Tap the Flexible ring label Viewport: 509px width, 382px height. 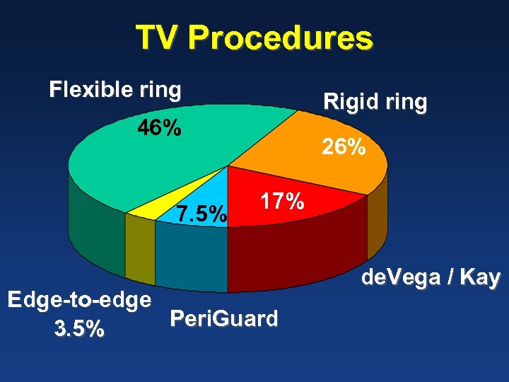click(x=115, y=90)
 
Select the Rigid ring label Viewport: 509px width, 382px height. click(x=375, y=102)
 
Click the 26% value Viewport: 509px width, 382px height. click(x=344, y=147)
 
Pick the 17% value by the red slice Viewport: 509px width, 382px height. click(x=282, y=202)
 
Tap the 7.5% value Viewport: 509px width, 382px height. click(x=202, y=213)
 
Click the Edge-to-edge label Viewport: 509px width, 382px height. click(x=79, y=299)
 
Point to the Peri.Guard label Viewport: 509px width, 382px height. click(x=224, y=319)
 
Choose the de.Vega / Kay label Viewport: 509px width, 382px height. click(x=431, y=278)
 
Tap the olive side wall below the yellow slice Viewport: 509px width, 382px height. click(x=140, y=248)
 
